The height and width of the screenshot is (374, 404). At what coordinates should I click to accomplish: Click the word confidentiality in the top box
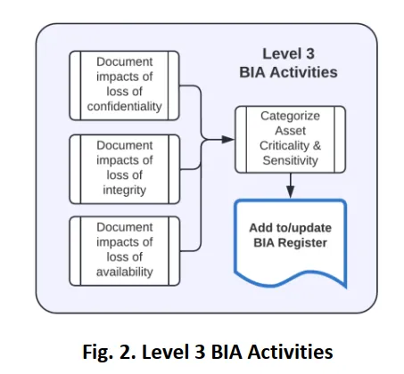[x=125, y=106]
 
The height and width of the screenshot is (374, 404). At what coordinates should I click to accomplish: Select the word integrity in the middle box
[x=125, y=191]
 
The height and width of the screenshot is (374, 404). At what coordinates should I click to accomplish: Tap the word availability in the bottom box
[x=125, y=272]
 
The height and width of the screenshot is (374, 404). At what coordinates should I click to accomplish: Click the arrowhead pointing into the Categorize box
[x=228, y=139]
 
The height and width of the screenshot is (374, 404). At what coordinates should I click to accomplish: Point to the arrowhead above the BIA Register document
[x=291, y=191]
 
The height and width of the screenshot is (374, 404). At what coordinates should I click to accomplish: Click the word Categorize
[x=291, y=116]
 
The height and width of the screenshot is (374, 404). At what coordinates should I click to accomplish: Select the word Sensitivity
[x=291, y=160]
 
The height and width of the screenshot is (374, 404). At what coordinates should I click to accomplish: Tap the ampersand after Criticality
[x=317, y=146]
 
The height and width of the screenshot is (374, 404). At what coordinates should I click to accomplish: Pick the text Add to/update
[x=291, y=228]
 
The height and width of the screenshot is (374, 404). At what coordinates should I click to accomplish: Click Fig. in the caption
[x=97, y=352]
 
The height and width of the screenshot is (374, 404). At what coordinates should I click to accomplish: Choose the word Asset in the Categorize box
[x=291, y=131]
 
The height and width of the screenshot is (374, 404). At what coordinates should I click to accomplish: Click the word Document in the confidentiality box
[x=125, y=61]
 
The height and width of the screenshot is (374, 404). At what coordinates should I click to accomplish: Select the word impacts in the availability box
[x=117, y=242]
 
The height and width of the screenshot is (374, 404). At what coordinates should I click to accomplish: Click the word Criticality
[x=284, y=146]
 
